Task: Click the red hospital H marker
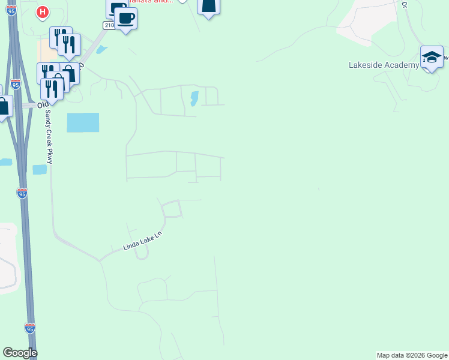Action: tap(42, 11)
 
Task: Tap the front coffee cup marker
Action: tap(125, 18)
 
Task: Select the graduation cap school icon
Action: tap(431, 57)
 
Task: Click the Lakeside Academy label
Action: tap(384, 65)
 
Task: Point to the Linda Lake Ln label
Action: tap(143, 241)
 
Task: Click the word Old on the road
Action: tap(43, 104)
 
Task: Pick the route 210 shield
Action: tap(108, 25)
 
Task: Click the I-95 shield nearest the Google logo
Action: tap(30, 328)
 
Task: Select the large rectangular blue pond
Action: tap(83, 122)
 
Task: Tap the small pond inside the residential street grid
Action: tap(194, 98)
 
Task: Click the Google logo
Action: tap(20, 353)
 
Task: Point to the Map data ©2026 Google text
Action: tap(412, 355)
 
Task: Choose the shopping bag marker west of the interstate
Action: tap(4, 107)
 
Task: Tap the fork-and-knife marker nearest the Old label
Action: tap(52, 89)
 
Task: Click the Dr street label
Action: tap(405, 4)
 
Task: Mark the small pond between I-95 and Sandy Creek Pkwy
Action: tap(40, 170)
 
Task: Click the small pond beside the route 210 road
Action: tap(101, 50)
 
